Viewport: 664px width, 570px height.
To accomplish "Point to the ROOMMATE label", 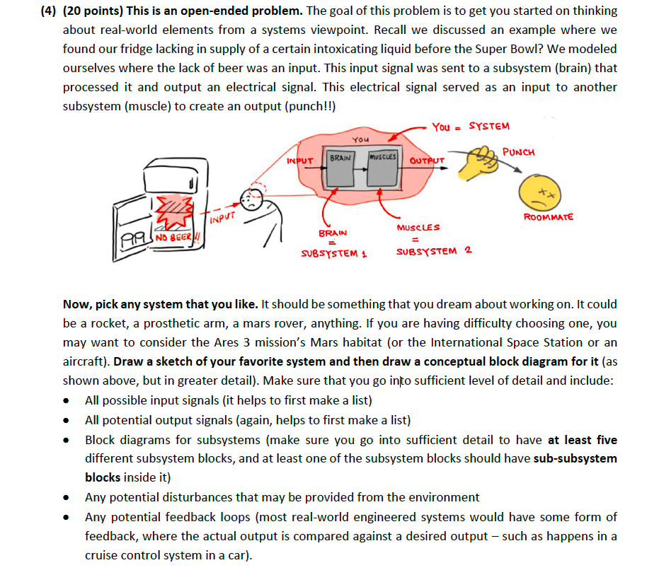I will pos(548,217).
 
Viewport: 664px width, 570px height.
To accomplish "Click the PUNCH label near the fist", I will pos(518,152).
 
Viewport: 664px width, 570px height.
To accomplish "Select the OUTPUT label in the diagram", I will pos(427,161).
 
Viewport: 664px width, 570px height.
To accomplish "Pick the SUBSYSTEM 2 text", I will pos(434,250).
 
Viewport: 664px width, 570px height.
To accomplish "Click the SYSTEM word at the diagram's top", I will pos(489,127).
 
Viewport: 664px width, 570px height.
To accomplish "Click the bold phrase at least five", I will pos(583,439).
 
